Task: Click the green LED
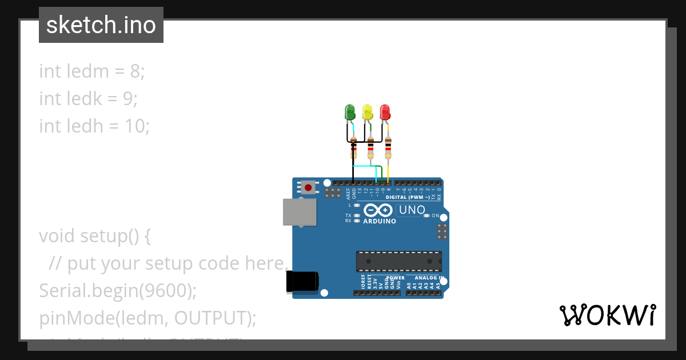click(350, 112)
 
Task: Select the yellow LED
click(368, 112)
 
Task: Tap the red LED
click(385, 112)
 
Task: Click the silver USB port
click(300, 212)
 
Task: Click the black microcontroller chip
click(398, 261)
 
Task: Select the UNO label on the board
click(412, 210)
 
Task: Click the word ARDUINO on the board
click(380, 221)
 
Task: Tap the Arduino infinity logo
click(378, 210)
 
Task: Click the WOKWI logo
click(607, 315)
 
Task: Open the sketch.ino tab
click(101, 25)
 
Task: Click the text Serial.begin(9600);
click(118, 291)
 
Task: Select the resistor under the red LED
click(388, 147)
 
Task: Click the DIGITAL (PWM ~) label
click(408, 197)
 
